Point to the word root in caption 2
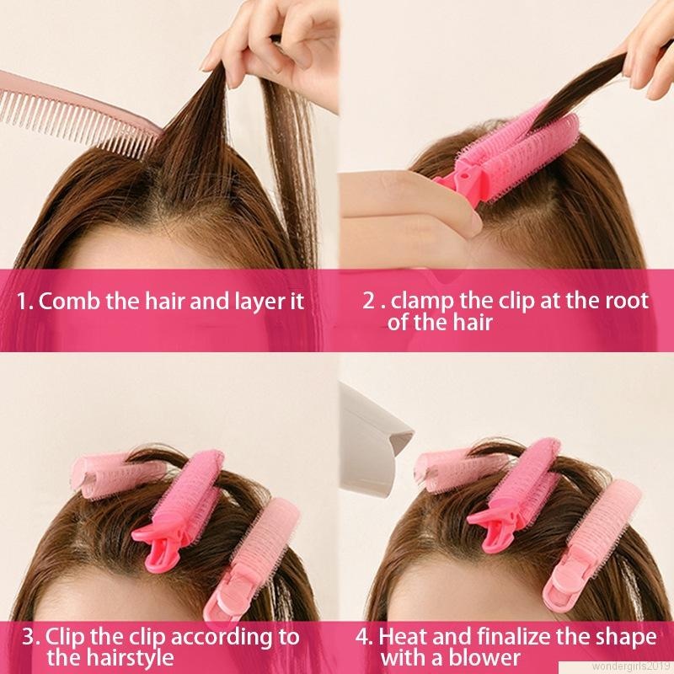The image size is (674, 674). tap(623, 301)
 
